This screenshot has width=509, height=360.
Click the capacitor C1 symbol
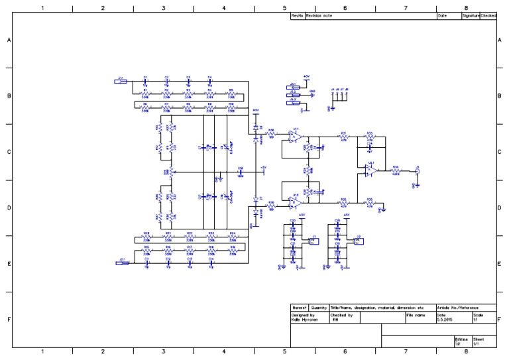click(x=145, y=81)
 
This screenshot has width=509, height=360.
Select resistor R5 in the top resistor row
click(x=231, y=93)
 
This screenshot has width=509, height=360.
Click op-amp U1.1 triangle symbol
click(x=296, y=137)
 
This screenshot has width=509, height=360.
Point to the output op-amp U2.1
click(x=372, y=170)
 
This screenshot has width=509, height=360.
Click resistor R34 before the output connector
click(x=396, y=170)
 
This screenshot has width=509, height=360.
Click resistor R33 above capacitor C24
click(x=369, y=136)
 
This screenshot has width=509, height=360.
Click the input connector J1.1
click(x=121, y=82)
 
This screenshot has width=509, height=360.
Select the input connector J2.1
click(x=122, y=263)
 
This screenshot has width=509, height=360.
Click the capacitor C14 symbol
click(x=211, y=263)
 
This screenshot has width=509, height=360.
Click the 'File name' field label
click(x=416, y=315)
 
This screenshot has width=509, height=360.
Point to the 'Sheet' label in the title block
click(x=478, y=338)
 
